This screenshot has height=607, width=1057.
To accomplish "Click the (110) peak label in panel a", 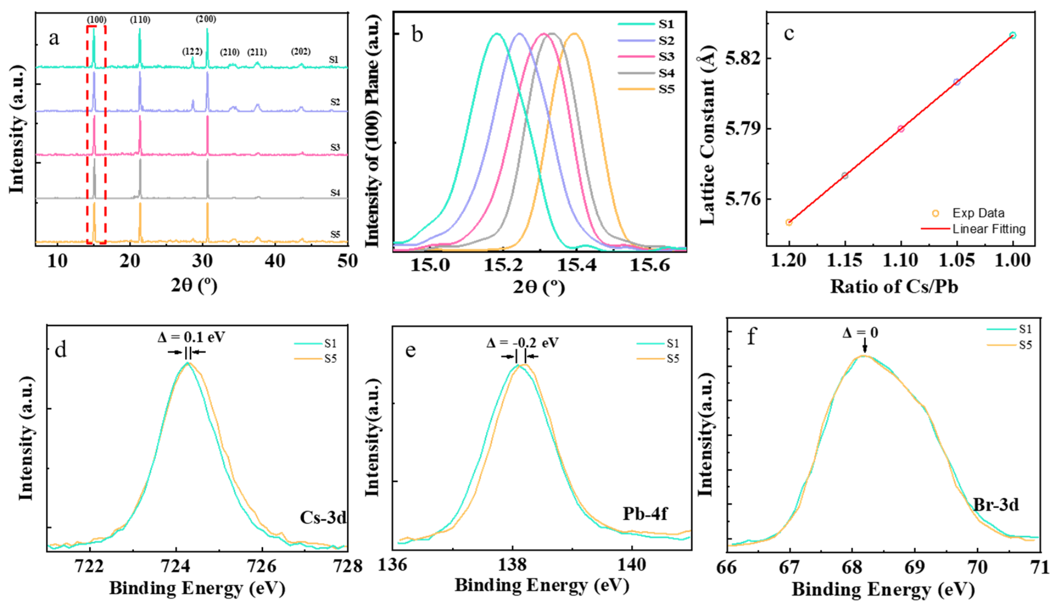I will point(140,20).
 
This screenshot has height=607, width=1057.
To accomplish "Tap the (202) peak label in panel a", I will point(301,52).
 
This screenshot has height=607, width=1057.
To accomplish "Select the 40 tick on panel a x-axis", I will point(275,262).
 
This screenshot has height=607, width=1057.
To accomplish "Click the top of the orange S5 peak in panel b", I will point(575,34).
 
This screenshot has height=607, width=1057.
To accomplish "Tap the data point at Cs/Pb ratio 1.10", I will point(901,129).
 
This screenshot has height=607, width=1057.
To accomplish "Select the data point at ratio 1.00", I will point(1013,35).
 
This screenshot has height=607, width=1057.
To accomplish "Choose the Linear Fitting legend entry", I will point(989,229).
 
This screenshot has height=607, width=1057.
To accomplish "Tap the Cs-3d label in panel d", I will point(323,517).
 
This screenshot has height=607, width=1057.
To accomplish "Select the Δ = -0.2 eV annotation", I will point(523,343).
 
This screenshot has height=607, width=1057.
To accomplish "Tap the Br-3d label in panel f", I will point(995,505).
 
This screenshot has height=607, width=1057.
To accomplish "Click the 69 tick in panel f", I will point(915,567).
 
